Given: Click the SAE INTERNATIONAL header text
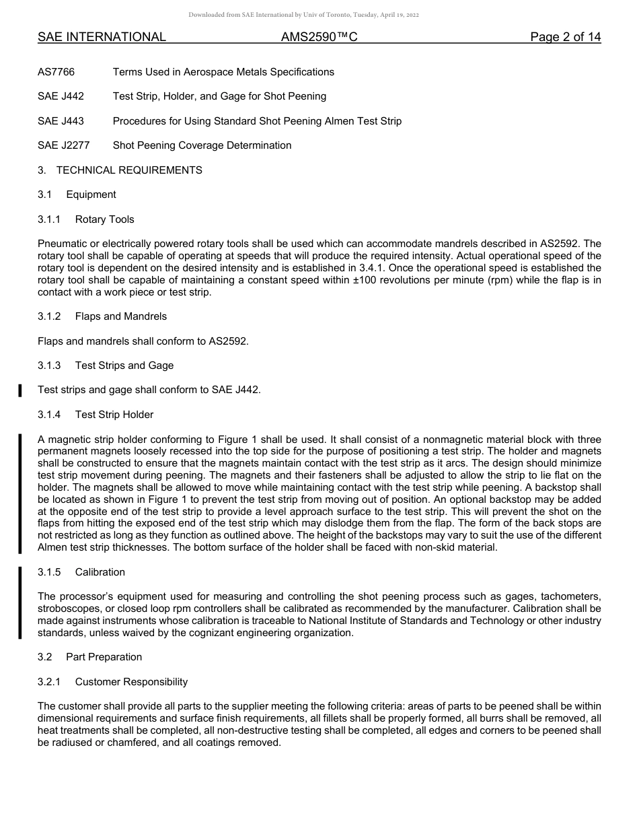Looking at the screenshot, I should click(102, 37).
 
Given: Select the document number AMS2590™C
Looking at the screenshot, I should click(319, 37).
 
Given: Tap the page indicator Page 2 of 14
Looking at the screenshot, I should click(565, 37).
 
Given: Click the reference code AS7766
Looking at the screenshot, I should click(56, 72).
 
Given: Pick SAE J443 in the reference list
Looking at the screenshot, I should click(61, 121).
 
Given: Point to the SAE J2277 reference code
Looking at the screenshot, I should click(63, 145).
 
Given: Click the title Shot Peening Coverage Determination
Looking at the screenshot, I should click(202, 145).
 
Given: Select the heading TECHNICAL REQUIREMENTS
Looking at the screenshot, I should click(129, 170).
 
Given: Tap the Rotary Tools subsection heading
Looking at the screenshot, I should click(104, 219).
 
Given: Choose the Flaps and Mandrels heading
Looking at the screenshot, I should click(121, 316).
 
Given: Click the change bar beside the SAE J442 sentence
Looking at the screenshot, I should click(20, 390).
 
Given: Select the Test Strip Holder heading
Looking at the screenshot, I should click(114, 415).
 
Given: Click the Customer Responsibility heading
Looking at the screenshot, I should click(131, 682).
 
